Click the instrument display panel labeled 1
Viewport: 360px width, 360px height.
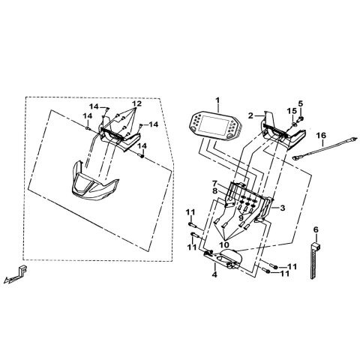click(x=215, y=125)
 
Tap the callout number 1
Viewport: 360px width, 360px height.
click(x=217, y=100)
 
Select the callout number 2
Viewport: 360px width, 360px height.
click(x=250, y=115)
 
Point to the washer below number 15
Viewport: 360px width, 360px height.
click(x=294, y=124)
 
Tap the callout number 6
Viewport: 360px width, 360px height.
click(x=316, y=229)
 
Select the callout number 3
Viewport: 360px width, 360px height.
click(x=282, y=208)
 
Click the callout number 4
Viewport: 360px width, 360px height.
click(x=214, y=274)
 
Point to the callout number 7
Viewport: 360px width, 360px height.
click(x=215, y=184)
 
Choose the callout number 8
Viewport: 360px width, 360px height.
click(x=215, y=191)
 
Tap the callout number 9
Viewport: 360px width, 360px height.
click(x=241, y=218)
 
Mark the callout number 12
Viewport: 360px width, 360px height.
click(x=136, y=103)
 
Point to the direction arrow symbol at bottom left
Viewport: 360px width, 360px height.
click(x=16, y=274)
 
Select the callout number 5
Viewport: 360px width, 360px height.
click(x=301, y=103)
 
